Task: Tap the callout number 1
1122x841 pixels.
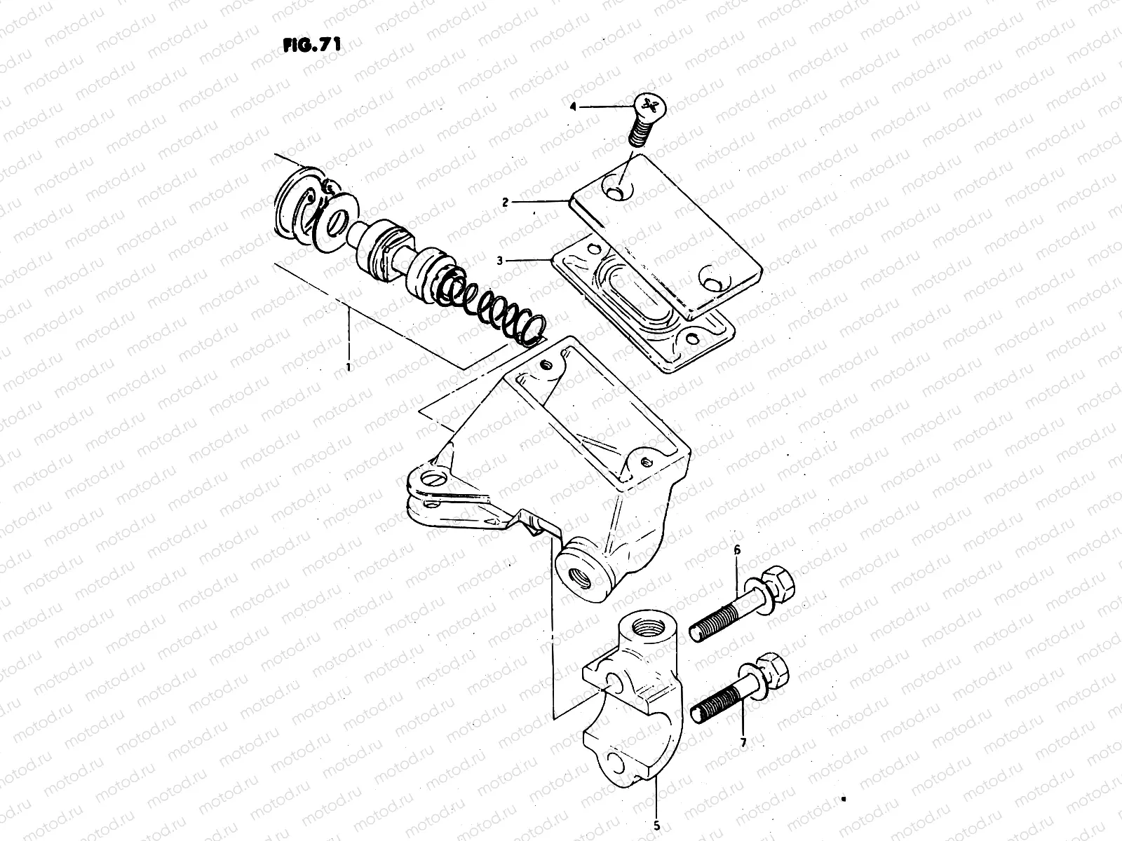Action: (x=348, y=367)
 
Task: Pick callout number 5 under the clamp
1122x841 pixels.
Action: (x=656, y=826)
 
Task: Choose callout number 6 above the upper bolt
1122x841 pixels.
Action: (x=736, y=551)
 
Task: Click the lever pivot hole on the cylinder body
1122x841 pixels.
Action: (x=435, y=480)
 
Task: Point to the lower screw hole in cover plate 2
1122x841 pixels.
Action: (x=715, y=283)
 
